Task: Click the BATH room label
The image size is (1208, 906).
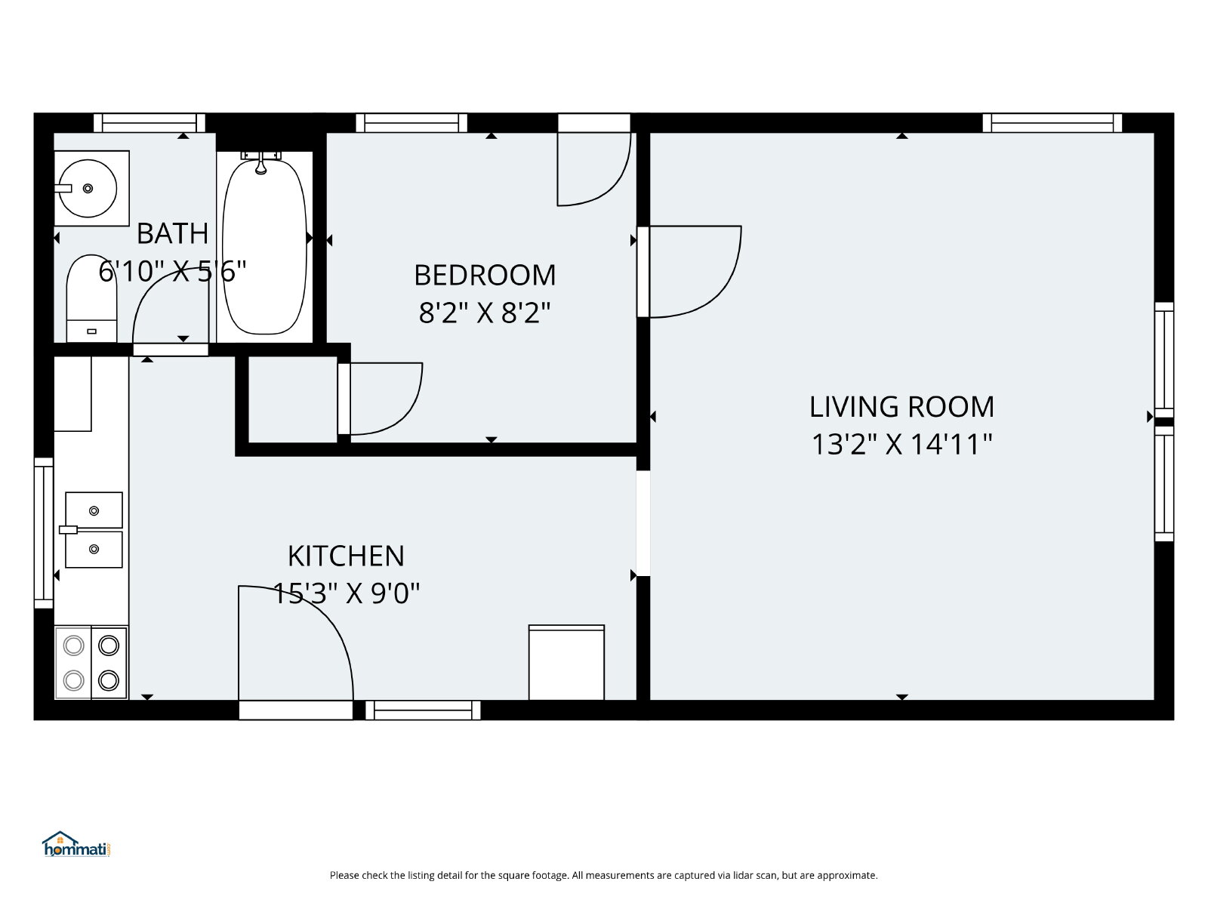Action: click(x=172, y=234)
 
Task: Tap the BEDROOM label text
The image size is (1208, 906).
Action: click(x=485, y=275)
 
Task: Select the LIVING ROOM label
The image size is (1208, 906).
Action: click(x=901, y=407)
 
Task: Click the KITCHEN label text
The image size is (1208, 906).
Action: click(x=346, y=556)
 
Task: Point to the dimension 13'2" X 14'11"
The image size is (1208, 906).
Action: click(x=901, y=445)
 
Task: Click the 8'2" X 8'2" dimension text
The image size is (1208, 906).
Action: click(x=485, y=313)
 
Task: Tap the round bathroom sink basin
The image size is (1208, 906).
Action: click(x=88, y=188)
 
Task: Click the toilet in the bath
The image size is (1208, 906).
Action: click(x=91, y=298)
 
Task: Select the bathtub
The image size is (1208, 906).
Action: click(x=264, y=246)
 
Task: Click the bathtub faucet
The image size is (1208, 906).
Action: click(x=261, y=162)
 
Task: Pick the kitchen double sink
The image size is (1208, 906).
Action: click(x=94, y=530)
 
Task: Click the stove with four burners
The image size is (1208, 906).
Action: click(x=91, y=662)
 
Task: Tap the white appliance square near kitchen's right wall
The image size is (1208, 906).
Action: click(x=566, y=662)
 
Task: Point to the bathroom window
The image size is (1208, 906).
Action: click(x=149, y=122)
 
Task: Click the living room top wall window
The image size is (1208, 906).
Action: click(x=1052, y=122)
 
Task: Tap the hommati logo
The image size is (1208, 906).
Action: click(x=76, y=844)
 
